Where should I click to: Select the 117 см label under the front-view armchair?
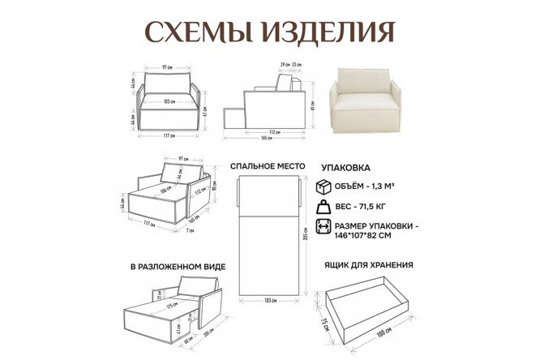coord(169,135)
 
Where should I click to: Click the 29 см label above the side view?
coord(284,64)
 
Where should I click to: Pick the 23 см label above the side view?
coord(298,64)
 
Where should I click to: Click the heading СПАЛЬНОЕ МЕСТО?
coord(268,165)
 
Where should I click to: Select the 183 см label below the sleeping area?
coord(269,301)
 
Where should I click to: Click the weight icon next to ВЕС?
coord(323,207)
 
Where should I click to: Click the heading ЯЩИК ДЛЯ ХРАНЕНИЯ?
coord(369,264)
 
